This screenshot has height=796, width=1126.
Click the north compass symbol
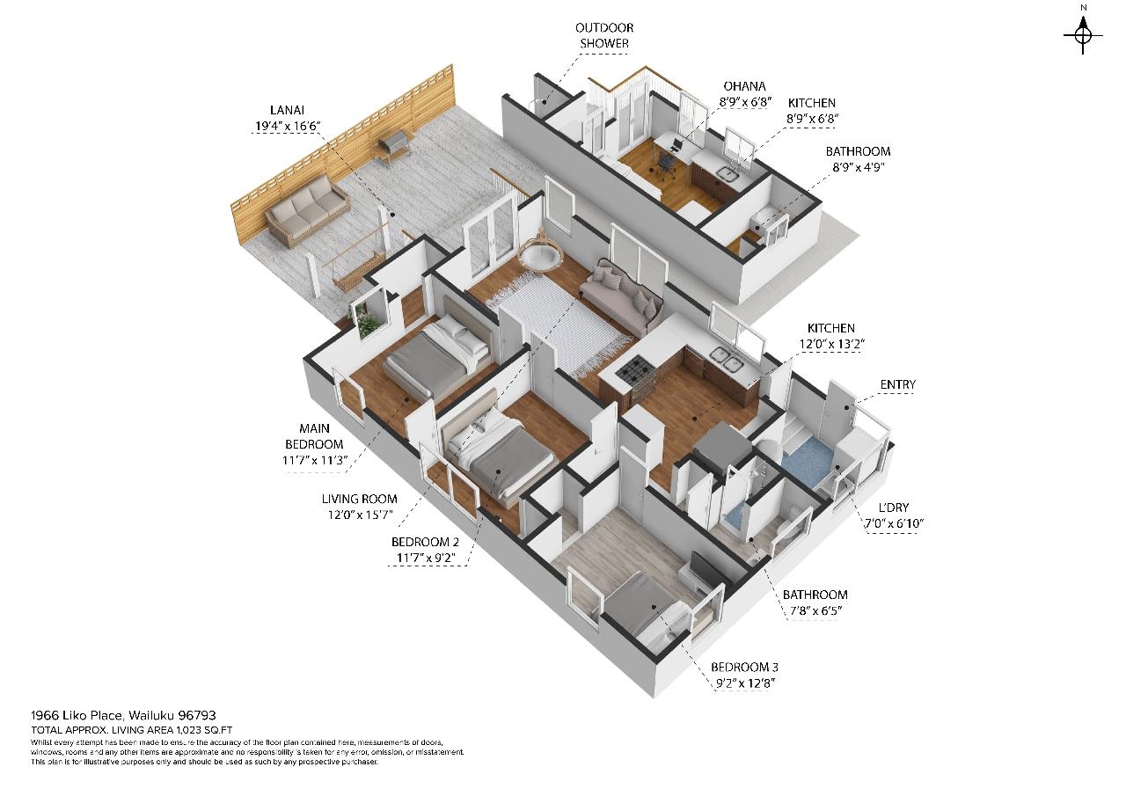[1083, 35]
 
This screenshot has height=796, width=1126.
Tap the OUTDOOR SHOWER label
[603, 36]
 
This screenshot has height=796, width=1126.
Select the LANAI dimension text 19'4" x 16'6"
[288, 126]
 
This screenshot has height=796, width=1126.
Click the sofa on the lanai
[307, 213]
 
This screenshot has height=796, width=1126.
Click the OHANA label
[744, 86]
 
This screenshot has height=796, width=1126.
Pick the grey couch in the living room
[622, 297]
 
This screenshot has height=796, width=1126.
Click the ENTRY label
[898, 385]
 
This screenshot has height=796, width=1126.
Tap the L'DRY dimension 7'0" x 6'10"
[894, 523]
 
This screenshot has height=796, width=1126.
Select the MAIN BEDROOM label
[314, 436]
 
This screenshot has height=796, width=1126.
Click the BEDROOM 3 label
[744, 668]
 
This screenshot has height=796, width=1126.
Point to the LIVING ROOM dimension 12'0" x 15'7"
[360, 515]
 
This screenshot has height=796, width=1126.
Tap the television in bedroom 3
[706, 569]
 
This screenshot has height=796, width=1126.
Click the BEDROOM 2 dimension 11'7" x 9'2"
[425, 558]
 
